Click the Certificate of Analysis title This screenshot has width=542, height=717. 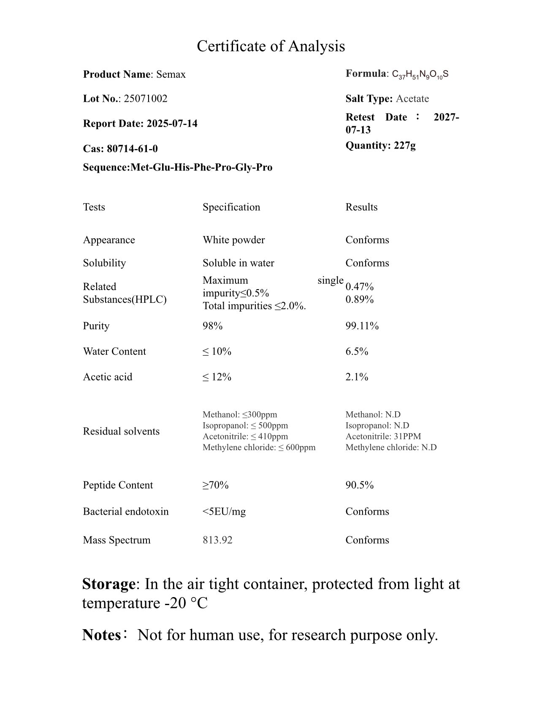click(271, 46)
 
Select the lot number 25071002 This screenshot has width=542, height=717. click(146, 99)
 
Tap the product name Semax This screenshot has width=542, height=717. click(171, 75)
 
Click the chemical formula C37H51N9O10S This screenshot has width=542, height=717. click(420, 75)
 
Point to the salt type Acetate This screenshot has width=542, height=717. click(412, 99)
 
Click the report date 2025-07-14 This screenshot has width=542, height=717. click(172, 124)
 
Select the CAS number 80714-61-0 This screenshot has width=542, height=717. click(132, 149)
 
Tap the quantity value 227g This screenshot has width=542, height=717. click(405, 146)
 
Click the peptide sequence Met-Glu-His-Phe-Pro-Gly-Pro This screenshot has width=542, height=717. click(201, 167)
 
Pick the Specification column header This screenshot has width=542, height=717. click(231, 207)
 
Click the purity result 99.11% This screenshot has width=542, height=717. click(362, 326)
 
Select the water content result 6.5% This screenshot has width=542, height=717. click(357, 351)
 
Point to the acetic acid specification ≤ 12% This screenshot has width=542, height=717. click(217, 377)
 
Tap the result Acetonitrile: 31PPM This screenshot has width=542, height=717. click(383, 436)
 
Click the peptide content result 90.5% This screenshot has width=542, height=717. click(360, 485)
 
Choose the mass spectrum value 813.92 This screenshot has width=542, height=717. click(217, 540)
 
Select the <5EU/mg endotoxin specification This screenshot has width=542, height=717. click(224, 511)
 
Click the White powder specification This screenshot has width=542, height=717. click(234, 240)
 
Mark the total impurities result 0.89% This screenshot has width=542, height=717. click(360, 299)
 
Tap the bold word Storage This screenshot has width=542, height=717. click(108, 584)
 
